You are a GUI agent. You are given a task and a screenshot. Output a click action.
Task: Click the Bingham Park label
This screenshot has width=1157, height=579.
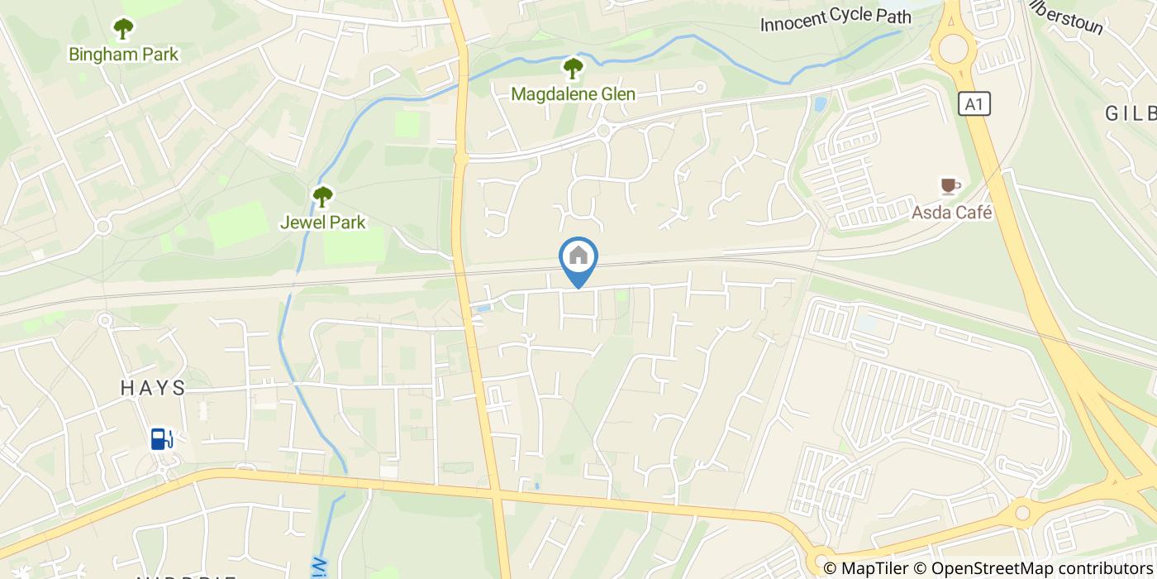click(x=124, y=55)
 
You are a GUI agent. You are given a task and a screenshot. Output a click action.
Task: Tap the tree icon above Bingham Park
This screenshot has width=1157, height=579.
click(x=124, y=30)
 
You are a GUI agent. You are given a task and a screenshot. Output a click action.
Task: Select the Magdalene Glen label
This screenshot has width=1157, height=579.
click(x=573, y=94)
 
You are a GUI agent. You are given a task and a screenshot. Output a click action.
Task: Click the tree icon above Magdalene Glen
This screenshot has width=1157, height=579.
click(x=573, y=68)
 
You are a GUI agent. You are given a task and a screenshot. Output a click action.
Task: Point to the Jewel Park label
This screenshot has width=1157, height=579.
click(x=322, y=222)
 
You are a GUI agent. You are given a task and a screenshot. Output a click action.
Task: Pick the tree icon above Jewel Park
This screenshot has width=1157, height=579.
click(x=322, y=197)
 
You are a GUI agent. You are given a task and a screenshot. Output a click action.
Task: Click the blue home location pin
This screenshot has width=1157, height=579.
click(x=578, y=259)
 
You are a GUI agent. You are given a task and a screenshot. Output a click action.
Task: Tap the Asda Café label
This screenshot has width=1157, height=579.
click(x=951, y=213)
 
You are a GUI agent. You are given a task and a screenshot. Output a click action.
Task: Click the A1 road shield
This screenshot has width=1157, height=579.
click(x=975, y=104)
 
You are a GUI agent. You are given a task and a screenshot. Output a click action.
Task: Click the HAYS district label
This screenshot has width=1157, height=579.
click(x=153, y=388)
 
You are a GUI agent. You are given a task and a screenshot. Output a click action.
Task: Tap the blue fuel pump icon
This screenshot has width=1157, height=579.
click(x=160, y=438)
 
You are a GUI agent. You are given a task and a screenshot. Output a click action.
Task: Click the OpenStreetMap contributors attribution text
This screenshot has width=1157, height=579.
click(x=1033, y=568)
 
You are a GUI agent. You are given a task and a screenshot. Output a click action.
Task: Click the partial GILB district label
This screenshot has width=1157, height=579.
click(x=1131, y=114)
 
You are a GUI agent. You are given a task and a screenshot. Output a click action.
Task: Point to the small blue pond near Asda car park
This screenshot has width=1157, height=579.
click(x=819, y=104)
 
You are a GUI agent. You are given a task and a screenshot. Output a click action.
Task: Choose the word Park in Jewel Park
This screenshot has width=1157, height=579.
click(x=347, y=222)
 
